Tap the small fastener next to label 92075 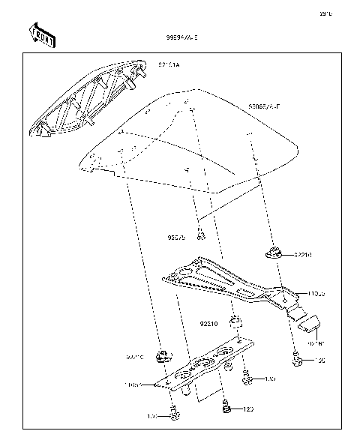tap(201, 237)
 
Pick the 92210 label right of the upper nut tap(302, 255)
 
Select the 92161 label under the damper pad tap(316, 343)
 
